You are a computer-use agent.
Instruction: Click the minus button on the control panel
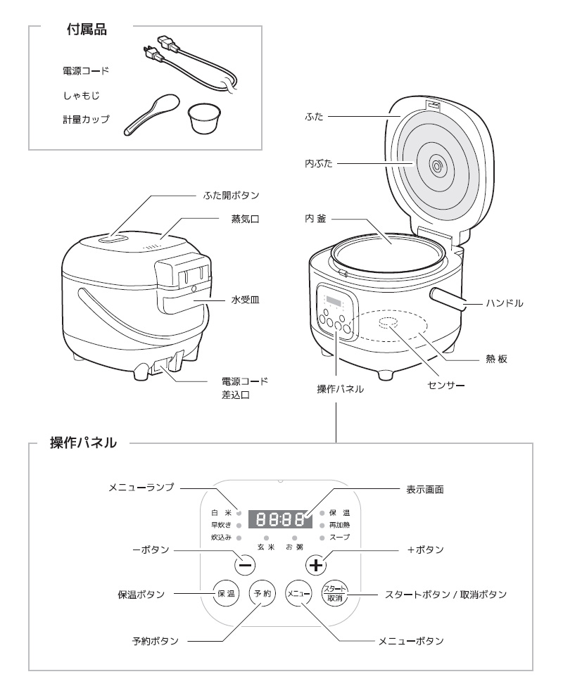(246, 565)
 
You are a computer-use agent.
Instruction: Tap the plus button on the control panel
(315, 565)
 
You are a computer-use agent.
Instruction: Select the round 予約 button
(262, 593)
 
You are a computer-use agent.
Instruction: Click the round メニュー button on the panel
(298, 593)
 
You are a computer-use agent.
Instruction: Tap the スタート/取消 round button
(335, 593)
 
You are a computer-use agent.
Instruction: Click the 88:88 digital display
(280, 519)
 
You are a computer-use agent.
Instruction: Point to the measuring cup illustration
(202, 119)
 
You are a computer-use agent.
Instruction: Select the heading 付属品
(87, 30)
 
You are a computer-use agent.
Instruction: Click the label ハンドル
(505, 303)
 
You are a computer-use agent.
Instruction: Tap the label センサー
(445, 386)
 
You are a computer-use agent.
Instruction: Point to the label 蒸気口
(245, 219)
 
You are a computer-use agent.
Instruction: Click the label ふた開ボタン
(231, 195)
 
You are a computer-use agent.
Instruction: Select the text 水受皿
(245, 300)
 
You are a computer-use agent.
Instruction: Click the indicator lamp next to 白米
(239, 513)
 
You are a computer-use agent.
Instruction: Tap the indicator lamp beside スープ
(322, 538)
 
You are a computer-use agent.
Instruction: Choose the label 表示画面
(425, 490)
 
